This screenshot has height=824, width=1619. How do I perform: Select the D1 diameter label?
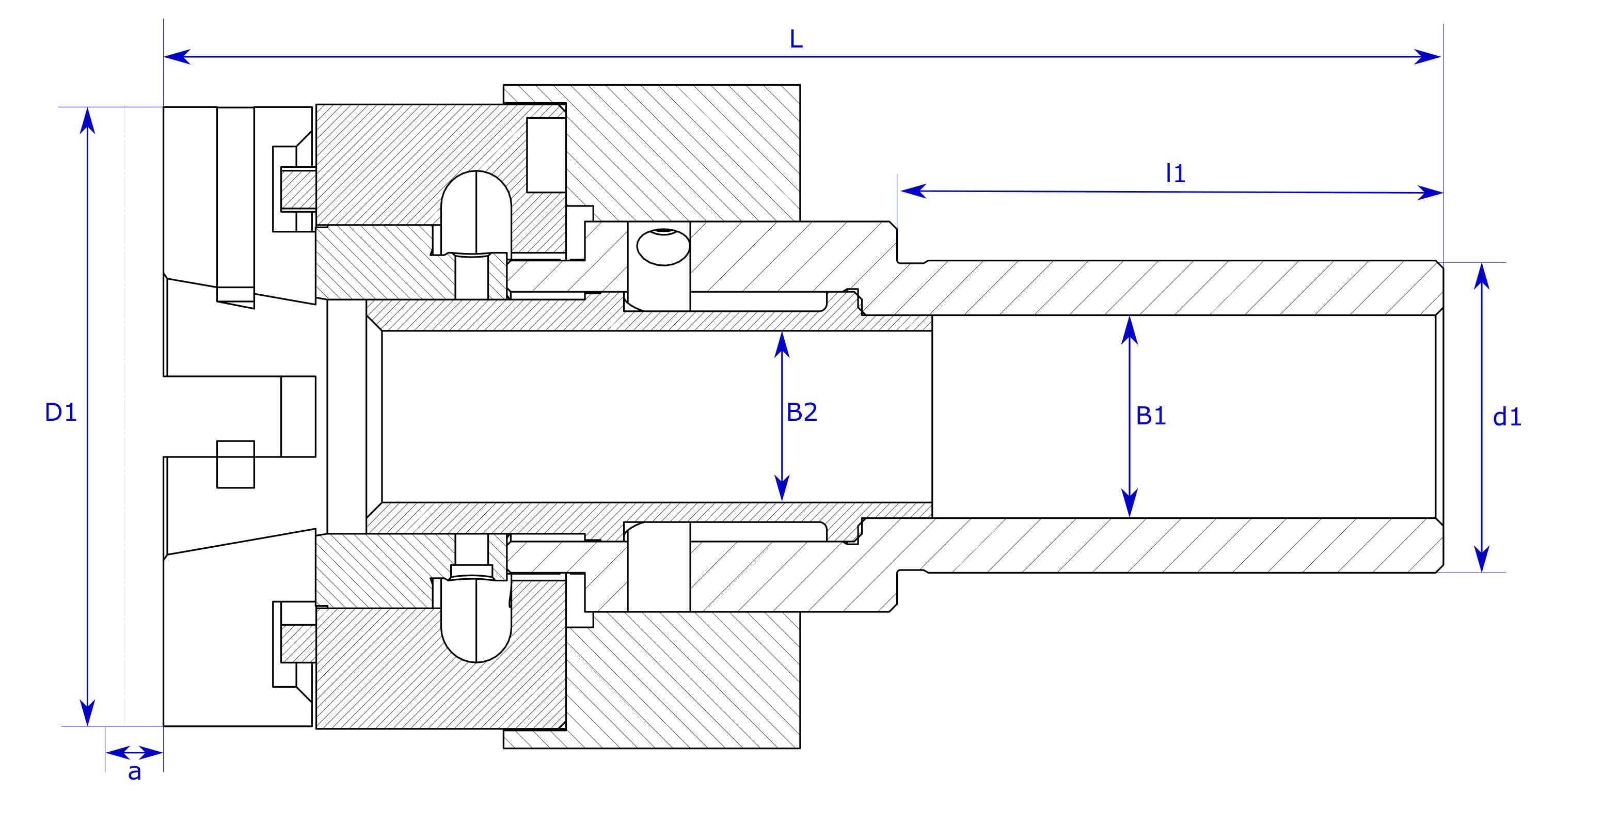[x=60, y=413]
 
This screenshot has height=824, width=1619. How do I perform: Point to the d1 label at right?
[x=1506, y=417]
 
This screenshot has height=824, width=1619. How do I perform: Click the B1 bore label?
[x=1151, y=416]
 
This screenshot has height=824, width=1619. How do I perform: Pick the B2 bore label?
[x=801, y=413]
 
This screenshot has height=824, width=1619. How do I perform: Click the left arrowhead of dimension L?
[x=176, y=57]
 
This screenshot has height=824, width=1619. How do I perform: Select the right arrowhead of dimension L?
[x=1428, y=57]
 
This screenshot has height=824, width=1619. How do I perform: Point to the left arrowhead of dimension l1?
[x=913, y=191]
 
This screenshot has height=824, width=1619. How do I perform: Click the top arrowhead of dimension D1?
[x=87, y=119]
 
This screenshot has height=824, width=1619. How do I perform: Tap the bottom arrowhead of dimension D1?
[x=87, y=714]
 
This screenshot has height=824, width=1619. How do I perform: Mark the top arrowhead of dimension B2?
[x=782, y=344]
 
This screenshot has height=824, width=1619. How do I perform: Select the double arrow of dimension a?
[x=134, y=752]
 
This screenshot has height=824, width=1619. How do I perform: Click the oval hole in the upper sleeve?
[x=662, y=246]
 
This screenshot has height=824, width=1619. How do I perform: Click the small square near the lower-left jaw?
[x=235, y=464]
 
